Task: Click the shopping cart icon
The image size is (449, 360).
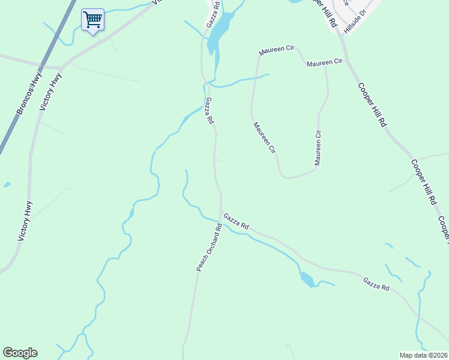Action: (x=92, y=20)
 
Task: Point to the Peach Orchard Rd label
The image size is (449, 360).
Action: (x=209, y=247)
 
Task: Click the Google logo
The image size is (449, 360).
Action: (x=20, y=353)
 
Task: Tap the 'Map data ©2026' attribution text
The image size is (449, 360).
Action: (x=423, y=355)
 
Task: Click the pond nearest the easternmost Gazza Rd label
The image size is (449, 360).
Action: (x=307, y=279)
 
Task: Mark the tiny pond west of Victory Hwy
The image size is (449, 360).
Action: (x=6, y=185)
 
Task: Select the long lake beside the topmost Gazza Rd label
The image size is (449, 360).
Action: (x=218, y=33)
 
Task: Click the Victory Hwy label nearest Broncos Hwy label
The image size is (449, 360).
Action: (x=51, y=92)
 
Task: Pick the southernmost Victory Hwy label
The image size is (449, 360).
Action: (x=25, y=221)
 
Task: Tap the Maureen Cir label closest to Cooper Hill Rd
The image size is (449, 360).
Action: (x=324, y=62)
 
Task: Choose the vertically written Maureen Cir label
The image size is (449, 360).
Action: (x=319, y=148)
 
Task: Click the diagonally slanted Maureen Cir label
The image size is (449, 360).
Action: (x=264, y=137)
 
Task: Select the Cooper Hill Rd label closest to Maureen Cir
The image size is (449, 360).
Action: (x=372, y=104)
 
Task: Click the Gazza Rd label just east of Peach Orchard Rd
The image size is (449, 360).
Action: (x=236, y=221)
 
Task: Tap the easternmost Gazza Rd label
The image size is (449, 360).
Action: (x=376, y=284)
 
